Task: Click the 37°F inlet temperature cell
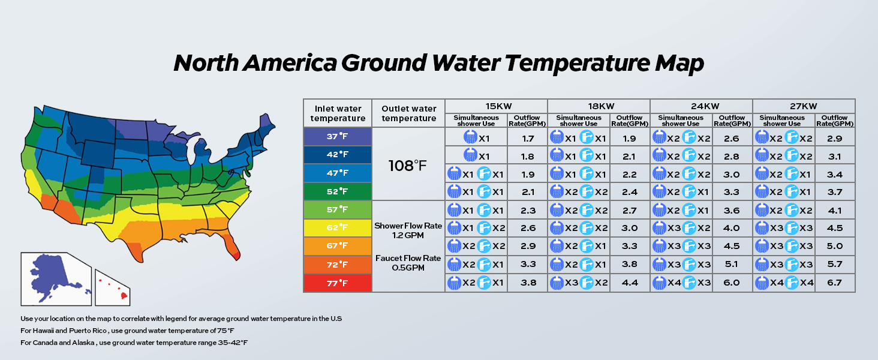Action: (337, 137)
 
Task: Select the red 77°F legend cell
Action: (337, 283)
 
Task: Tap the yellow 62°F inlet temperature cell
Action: (337, 228)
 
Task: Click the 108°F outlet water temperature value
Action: (408, 164)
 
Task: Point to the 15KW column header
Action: (496, 106)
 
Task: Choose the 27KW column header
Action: (804, 106)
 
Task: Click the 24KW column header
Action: (701, 106)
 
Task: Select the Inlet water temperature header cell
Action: (337, 113)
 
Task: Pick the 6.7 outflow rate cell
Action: (834, 283)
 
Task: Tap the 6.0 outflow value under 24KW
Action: (732, 283)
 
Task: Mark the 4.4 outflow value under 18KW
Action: (629, 283)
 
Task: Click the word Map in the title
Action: (675, 63)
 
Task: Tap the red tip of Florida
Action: (237, 253)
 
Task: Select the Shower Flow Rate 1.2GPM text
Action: (408, 231)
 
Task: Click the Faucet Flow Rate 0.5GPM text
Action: (408, 263)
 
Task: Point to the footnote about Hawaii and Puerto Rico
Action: (127, 331)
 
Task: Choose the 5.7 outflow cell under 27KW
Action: (834, 265)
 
